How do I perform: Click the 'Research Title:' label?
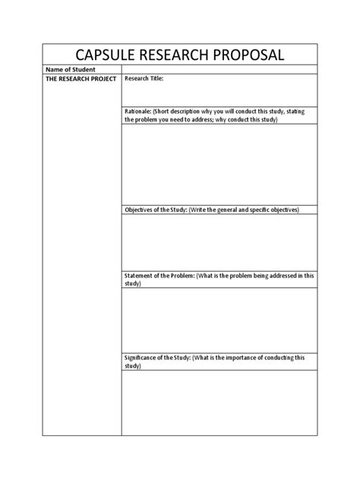(144, 78)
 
